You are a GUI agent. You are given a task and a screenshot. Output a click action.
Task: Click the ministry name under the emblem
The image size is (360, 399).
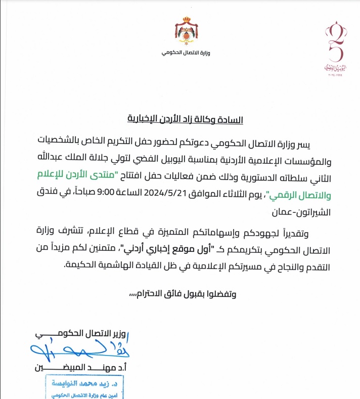click(x=183, y=53)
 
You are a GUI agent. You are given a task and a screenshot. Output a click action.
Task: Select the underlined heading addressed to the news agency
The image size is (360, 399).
click(x=185, y=120)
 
